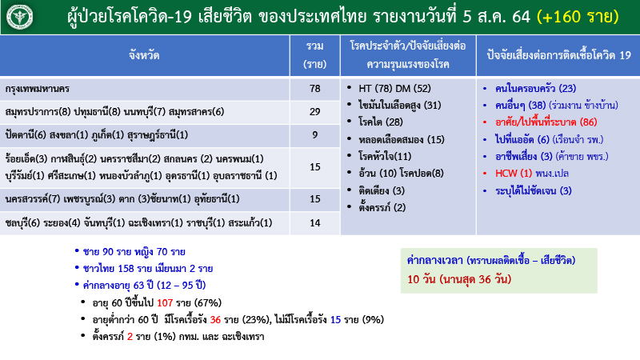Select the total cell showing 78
pyautogui.click(x=314, y=88)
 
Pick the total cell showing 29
pyautogui.click(x=314, y=111)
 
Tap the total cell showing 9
pyautogui.click(x=314, y=134)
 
